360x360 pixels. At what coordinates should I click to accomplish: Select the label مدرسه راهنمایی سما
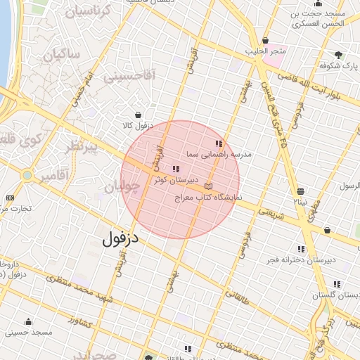tap(219, 153)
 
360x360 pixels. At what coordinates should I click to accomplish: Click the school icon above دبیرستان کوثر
tap(175, 169)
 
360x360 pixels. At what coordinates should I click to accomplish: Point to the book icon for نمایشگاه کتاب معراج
tap(208, 187)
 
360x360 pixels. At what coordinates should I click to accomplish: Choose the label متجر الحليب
tap(265, 52)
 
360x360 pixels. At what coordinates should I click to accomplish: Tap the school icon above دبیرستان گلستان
tap(337, 285)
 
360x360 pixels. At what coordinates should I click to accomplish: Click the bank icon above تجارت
tap(9, 198)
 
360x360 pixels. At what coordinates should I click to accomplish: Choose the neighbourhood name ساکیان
tap(63, 54)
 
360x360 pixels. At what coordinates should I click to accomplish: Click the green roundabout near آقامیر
tap(27, 175)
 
